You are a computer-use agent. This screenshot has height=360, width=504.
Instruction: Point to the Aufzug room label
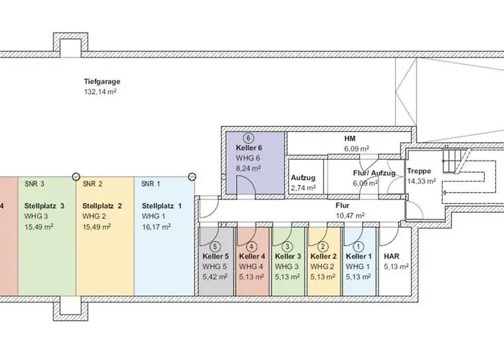tap(303, 177)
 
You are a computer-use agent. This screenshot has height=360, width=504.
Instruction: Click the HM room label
tap(351, 138)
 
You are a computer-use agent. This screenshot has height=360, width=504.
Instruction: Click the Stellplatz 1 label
tap(162, 206)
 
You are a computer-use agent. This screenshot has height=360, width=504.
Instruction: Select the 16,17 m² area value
tap(156, 226)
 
